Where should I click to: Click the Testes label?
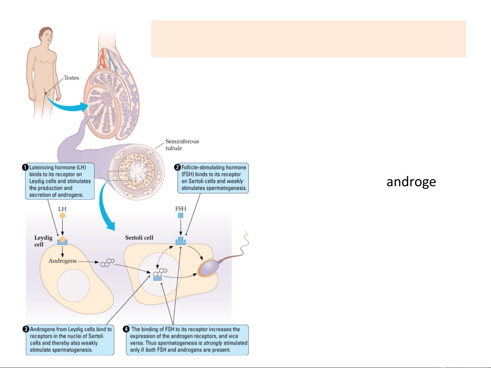pyautogui.click(x=71, y=78)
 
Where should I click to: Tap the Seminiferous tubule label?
pyautogui.click(x=182, y=145)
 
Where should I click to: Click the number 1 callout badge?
pyautogui.click(x=25, y=167)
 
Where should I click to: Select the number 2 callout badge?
pyautogui.click(x=177, y=167)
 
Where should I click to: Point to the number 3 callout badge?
pyautogui.click(x=26, y=329)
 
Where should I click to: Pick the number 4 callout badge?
pyautogui.click(x=126, y=329)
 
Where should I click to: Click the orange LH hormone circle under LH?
pyautogui.click(x=62, y=215)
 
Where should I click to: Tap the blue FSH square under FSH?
pyautogui.click(x=181, y=215)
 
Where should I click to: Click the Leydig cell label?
pyautogui.click(x=43, y=241)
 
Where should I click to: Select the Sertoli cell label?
pyautogui.click(x=139, y=238)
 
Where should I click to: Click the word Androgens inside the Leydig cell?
pyautogui.click(x=63, y=261)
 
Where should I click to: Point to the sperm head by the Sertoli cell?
pyautogui.click(x=208, y=268)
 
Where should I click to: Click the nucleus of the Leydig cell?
pyautogui.click(x=73, y=285)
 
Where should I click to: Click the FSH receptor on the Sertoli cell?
pyautogui.click(x=181, y=241)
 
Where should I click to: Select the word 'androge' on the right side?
pyautogui.click(x=411, y=182)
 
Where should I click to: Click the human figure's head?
pyautogui.click(x=45, y=35)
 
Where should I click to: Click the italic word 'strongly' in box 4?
pyautogui.click(x=213, y=343)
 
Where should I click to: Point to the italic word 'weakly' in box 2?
pyautogui.click(x=235, y=181)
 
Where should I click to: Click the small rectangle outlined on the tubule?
pyautogui.click(x=118, y=176)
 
